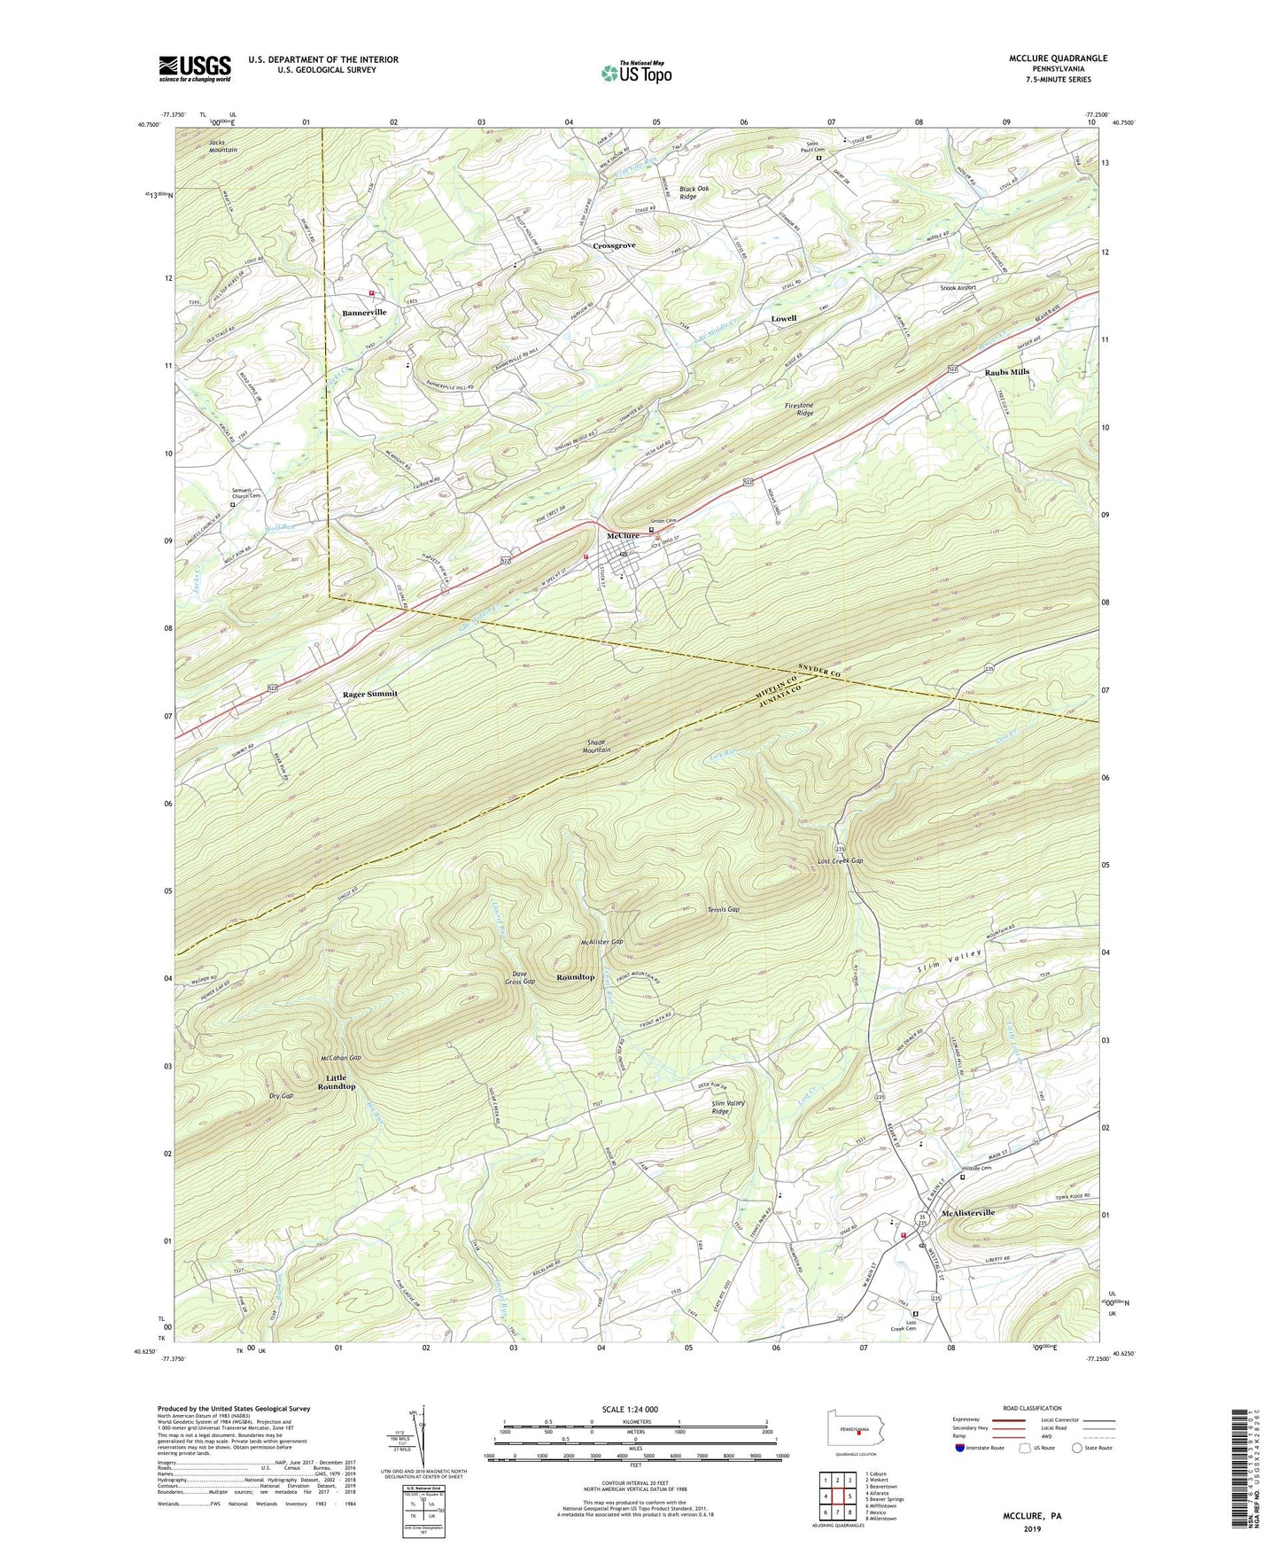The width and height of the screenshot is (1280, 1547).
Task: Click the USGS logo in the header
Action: tap(194, 68)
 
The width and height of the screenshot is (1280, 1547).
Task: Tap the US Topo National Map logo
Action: tap(635, 72)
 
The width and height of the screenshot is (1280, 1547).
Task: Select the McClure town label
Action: tap(623, 536)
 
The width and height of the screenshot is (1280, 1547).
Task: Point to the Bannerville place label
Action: tap(364, 313)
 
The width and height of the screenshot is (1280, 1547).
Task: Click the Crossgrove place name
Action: tap(614, 245)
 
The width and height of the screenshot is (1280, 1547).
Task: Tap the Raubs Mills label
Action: tap(1006, 372)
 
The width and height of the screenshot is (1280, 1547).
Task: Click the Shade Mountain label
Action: tap(596, 746)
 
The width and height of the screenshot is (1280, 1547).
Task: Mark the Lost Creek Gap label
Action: tap(840, 861)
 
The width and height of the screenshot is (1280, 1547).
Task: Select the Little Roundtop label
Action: tap(337, 1082)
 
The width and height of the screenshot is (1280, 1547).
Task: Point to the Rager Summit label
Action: tap(369, 694)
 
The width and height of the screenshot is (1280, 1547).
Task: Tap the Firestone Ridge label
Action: tap(798, 409)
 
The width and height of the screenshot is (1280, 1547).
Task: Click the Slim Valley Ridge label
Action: tap(728, 1108)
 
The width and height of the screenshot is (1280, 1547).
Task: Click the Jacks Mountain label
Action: tap(222, 146)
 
